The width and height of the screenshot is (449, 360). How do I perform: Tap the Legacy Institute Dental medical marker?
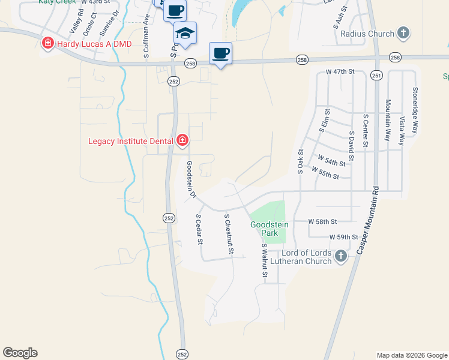pyautogui.click(x=182, y=141)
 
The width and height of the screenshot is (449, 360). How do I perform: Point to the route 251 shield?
pyautogui.click(x=376, y=75)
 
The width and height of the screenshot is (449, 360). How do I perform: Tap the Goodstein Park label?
pyautogui.click(x=269, y=228)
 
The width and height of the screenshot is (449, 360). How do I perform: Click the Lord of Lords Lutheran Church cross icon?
pyautogui.click(x=340, y=256)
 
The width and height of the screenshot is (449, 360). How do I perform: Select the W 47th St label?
pyautogui.click(x=340, y=71)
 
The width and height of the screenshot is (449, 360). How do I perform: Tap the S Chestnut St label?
pyautogui.click(x=228, y=234)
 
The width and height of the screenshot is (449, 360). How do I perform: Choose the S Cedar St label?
pyautogui.click(x=199, y=229)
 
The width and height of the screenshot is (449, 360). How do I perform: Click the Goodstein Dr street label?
pyautogui.click(x=190, y=179)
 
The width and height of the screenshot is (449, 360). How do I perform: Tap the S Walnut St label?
pyautogui.click(x=264, y=260)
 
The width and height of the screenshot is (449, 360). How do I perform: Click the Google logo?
pyautogui.click(x=20, y=353)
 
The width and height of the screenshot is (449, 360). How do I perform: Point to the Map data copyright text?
pyautogui.click(x=412, y=355)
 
